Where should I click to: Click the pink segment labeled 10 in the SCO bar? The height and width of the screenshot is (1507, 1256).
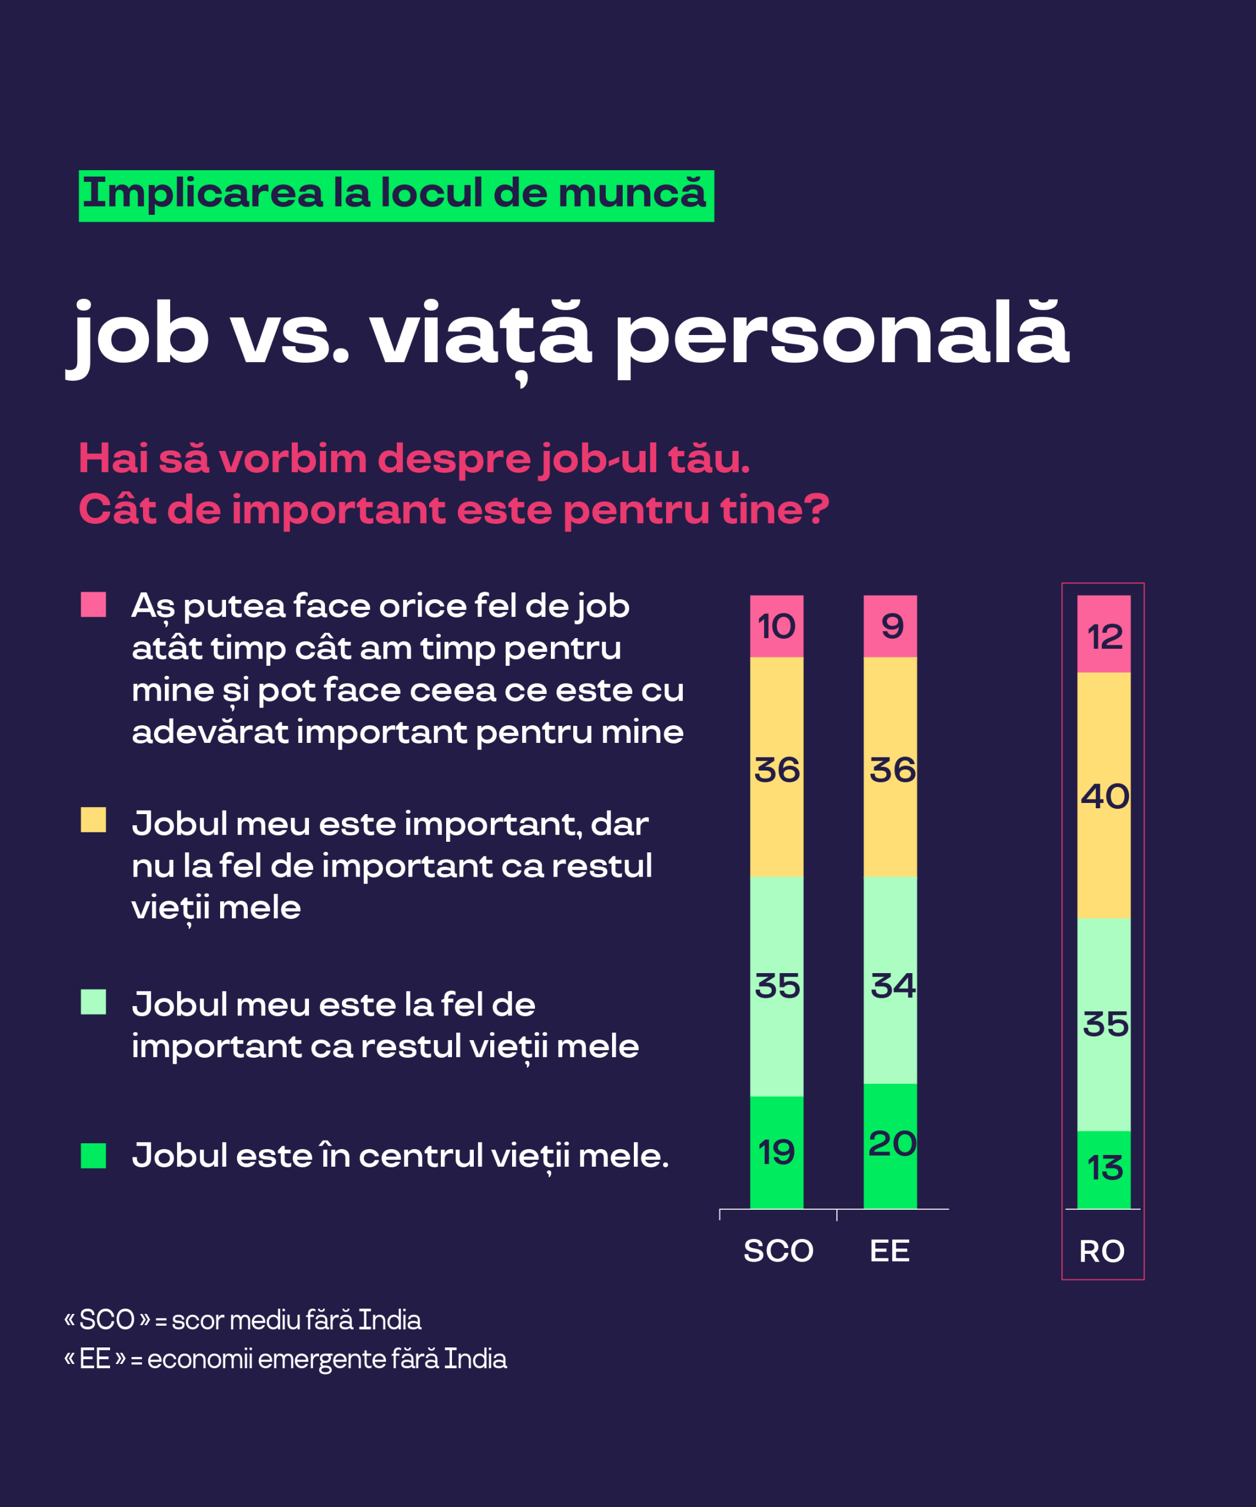(777, 626)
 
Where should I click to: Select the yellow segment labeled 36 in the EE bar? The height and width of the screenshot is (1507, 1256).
(890, 767)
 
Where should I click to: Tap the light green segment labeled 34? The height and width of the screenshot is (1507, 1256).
(890, 980)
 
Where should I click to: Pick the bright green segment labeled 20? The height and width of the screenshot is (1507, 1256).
(890, 1146)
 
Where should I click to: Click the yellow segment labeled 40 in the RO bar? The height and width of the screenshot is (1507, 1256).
(1104, 795)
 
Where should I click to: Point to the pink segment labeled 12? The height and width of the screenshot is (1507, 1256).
(1104, 633)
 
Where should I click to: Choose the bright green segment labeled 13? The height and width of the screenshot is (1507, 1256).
(1104, 1170)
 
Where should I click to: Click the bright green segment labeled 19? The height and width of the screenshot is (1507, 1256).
(777, 1153)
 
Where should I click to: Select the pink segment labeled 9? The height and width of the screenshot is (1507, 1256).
(890, 626)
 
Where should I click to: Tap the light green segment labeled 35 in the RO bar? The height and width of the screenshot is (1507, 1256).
(1104, 1025)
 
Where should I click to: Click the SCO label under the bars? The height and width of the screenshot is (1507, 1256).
(778, 1251)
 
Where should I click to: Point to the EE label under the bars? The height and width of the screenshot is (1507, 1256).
(889, 1251)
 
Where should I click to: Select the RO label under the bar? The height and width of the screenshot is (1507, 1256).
(1102, 1252)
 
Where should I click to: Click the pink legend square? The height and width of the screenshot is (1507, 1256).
(93, 604)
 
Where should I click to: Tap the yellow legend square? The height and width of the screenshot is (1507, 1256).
(93, 819)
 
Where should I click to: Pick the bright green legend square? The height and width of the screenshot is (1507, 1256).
(93, 1156)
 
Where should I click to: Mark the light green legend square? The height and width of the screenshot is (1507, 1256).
(93, 1002)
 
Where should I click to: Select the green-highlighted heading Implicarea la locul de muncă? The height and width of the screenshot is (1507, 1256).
(396, 196)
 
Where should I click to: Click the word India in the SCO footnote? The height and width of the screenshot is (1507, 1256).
(390, 1320)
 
